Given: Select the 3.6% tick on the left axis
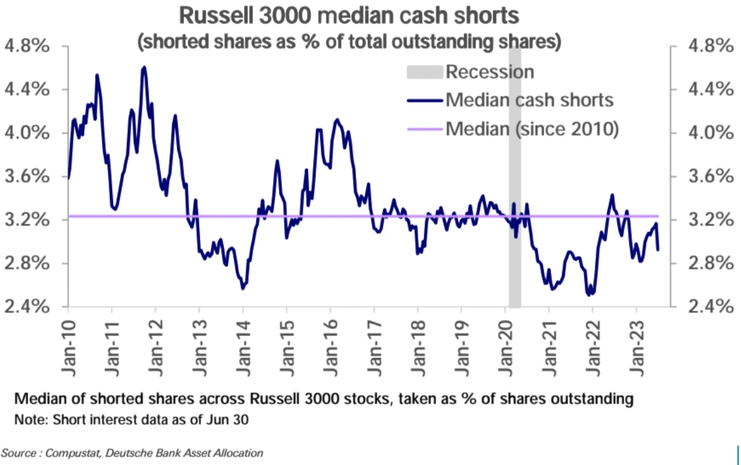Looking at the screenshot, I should coord(28,177).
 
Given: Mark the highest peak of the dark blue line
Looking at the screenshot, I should coord(144,67).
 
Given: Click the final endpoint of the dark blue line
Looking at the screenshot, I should coord(657,249).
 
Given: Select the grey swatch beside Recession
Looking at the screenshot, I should coord(425,71).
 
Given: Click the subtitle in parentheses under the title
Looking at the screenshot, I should coord(349,43).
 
